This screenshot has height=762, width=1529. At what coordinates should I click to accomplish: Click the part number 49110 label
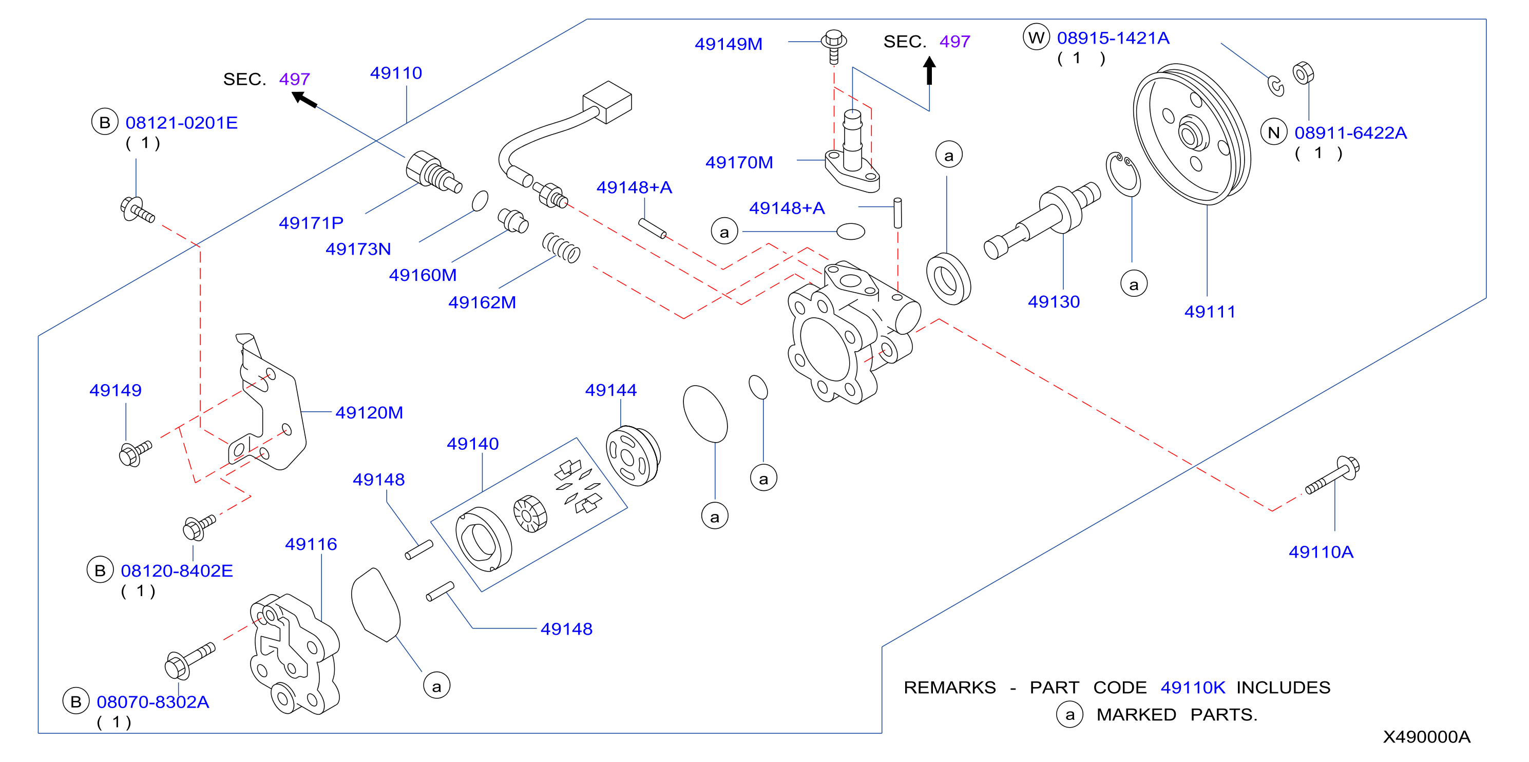(x=396, y=73)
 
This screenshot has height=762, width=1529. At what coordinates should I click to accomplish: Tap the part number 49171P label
(x=311, y=223)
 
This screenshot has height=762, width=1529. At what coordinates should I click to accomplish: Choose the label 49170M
(x=739, y=163)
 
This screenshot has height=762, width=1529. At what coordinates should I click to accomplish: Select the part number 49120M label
(x=369, y=412)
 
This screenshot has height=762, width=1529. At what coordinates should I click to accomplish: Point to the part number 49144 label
(x=611, y=390)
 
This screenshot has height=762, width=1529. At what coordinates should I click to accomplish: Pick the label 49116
(x=311, y=544)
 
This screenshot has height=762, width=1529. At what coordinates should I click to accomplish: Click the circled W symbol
(x=1036, y=37)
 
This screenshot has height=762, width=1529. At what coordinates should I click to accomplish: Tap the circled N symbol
(x=1274, y=132)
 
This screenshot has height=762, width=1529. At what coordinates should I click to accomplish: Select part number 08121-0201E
(x=182, y=123)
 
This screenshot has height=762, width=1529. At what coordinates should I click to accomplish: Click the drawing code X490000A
(x=1427, y=737)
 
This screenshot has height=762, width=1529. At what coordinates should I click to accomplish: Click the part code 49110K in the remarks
(x=1193, y=687)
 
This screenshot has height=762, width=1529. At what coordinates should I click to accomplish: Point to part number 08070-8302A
(x=153, y=702)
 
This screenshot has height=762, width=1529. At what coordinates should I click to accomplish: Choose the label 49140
(x=472, y=444)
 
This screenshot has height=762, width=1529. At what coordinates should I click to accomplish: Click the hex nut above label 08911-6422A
(x=1303, y=73)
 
